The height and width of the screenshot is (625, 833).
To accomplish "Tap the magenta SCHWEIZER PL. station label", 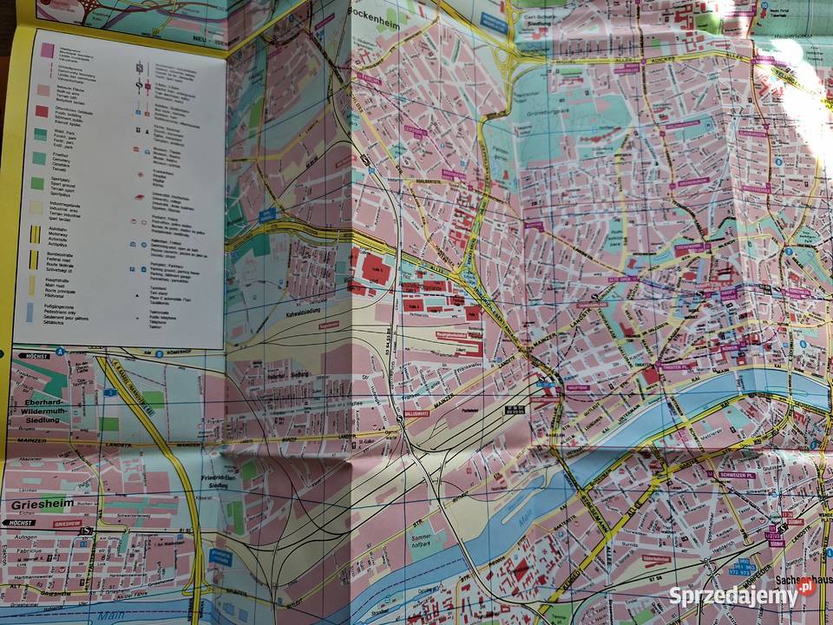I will point(736,475).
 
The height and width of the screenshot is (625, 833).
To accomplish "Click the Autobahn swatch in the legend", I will point(36,234).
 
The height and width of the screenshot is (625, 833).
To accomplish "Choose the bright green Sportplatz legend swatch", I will point(37,183).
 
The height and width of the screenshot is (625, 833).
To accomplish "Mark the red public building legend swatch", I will point(41,111).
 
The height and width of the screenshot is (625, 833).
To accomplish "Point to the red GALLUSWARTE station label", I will point(416,414).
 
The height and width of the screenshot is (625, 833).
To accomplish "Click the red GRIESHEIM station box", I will point(67,523).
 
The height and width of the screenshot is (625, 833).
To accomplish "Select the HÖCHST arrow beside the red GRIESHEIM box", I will point(19,523).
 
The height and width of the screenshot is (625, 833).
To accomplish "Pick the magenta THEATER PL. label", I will point(677,366).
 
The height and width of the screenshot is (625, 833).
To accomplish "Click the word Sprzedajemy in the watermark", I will point(732,596).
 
